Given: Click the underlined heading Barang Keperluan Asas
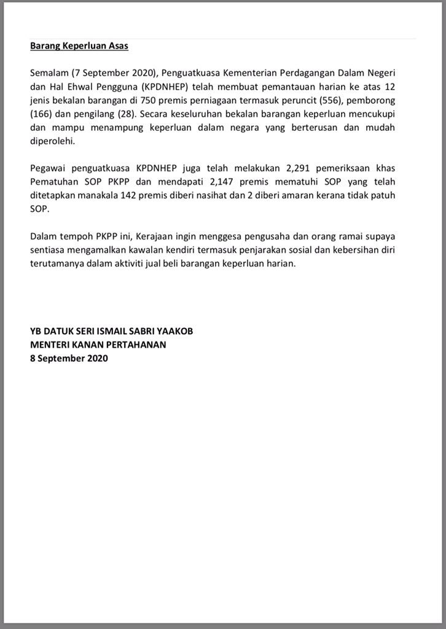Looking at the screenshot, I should (79, 45).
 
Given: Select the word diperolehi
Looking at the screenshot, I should (52, 141).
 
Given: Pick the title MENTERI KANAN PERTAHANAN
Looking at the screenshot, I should (98, 345).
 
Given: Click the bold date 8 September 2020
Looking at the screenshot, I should (69, 358).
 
